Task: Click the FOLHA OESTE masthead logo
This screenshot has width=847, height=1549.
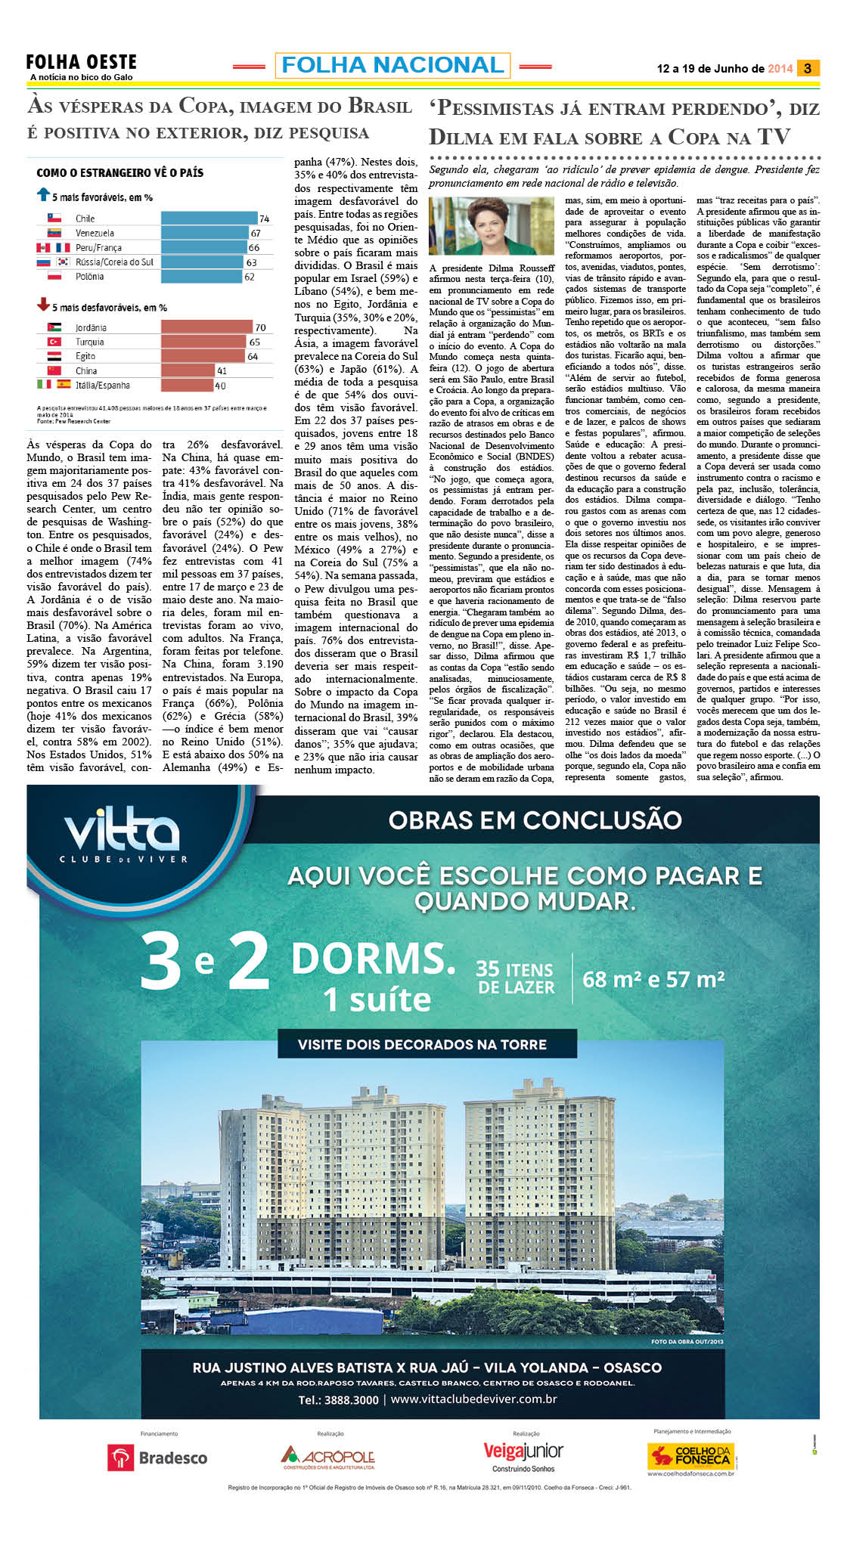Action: click(81, 63)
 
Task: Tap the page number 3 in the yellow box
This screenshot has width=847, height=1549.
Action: click(808, 68)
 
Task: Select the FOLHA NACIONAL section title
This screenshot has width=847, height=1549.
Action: click(392, 66)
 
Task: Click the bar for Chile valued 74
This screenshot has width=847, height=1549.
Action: click(209, 218)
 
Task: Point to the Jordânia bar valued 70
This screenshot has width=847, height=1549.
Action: click(206, 327)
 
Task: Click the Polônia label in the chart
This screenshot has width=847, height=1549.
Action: click(89, 277)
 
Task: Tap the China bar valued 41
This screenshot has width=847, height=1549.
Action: click(188, 370)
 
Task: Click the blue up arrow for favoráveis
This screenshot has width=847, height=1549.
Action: click(43, 195)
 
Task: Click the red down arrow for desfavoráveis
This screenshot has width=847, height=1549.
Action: click(43, 305)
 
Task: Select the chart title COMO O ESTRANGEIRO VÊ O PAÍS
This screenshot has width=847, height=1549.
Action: click(119, 173)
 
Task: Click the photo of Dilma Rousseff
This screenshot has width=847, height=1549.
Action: click(491, 225)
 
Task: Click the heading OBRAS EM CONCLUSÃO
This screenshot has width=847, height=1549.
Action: click(535, 820)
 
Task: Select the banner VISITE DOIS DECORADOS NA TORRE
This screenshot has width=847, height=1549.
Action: click(422, 1045)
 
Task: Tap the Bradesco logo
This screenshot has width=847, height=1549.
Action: click(157, 1458)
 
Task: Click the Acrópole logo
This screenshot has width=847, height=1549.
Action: click(329, 1457)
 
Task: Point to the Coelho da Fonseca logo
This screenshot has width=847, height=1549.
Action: click(690, 1456)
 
